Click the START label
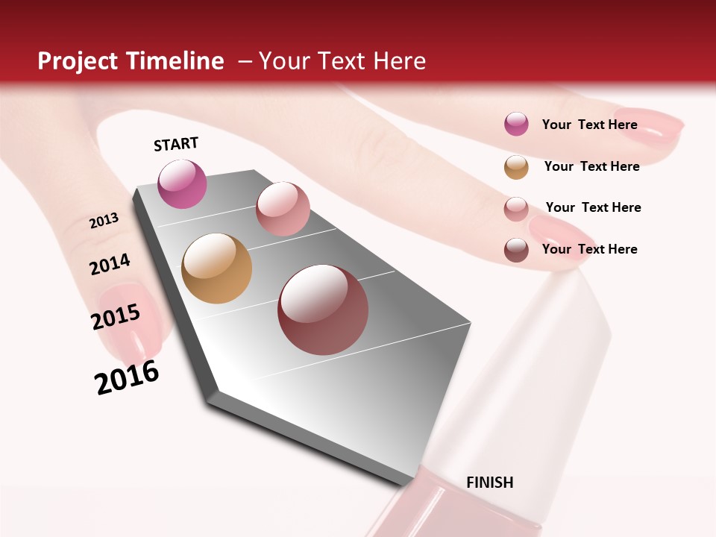pos(176,144)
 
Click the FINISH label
pos(489,483)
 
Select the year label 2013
pos(104,221)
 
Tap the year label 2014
pos(110,264)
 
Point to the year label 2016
pos(127,377)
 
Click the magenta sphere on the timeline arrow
pos(182,183)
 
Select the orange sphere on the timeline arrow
pos(216,268)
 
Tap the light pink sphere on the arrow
pos(283,209)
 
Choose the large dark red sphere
pos(323,310)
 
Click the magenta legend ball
pos(516,125)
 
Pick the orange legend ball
pos(516,167)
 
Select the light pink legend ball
pos(516,208)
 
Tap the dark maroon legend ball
pos(516,250)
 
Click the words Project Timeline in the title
pos(131,61)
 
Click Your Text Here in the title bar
pos(342,61)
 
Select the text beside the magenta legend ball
pos(589,125)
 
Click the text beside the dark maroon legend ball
pos(589,249)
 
